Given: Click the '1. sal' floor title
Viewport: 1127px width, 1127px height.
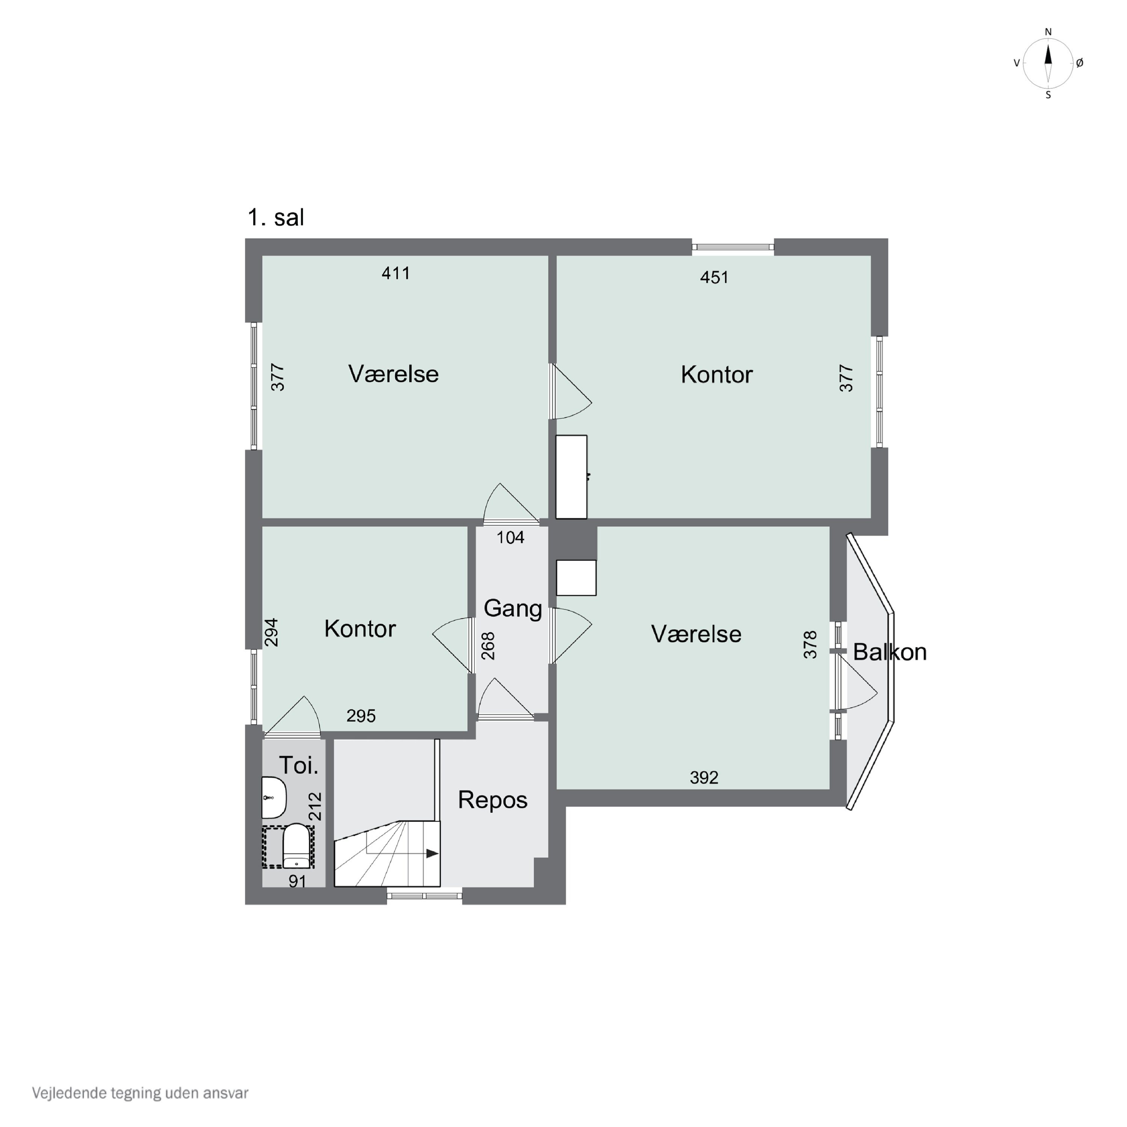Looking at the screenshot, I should (276, 217).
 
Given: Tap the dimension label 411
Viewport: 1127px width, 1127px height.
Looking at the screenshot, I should (396, 273).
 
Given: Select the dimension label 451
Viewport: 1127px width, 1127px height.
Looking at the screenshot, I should (714, 277).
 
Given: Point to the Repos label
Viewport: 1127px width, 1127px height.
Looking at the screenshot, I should (492, 800).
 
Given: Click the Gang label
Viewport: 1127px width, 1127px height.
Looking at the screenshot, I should (512, 609).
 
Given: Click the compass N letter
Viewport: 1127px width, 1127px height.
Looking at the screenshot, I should (1048, 32).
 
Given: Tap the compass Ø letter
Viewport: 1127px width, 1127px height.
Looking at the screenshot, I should (1079, 63).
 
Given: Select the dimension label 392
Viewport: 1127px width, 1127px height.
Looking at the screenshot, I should (704, 778).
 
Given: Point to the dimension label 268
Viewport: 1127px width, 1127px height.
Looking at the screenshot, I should (488, 646).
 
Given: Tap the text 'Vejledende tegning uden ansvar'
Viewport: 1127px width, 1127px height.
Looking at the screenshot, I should (140, 1092).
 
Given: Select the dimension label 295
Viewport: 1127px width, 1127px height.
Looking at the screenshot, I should (361, 716).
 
